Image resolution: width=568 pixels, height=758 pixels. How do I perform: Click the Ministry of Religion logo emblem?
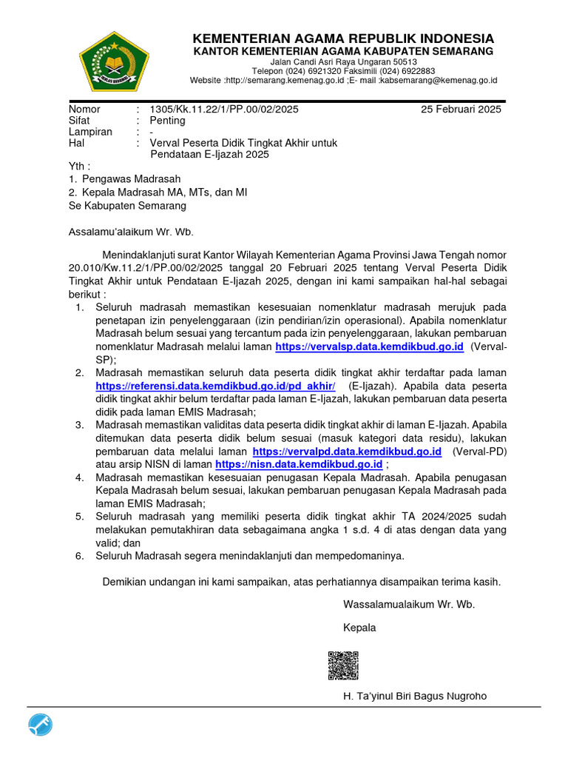click(115, 61)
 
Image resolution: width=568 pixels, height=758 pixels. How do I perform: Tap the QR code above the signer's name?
click(343, 665)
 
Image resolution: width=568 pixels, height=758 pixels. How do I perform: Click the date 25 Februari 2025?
click(461, 110)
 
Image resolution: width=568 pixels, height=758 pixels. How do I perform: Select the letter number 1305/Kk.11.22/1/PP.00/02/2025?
click(224, 110)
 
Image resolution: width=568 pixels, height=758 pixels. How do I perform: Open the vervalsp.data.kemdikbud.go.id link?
click(369, 346)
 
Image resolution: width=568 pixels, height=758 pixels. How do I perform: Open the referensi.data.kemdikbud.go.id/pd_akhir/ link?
click(216, 386)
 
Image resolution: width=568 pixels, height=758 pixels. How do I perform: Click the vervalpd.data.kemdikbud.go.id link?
click(347, 451)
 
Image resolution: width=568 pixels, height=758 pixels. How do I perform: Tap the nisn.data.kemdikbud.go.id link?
click(299, 464)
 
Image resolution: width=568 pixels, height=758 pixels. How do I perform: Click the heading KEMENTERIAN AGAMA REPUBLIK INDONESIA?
click(343, 38)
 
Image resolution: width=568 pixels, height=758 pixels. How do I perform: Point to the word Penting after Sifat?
click(168, 121)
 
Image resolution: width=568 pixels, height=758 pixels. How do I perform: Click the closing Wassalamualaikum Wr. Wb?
click(409, 604)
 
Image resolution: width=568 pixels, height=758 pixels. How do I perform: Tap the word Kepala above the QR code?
click(359, 628)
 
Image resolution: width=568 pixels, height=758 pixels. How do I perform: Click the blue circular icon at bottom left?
click(41, 726)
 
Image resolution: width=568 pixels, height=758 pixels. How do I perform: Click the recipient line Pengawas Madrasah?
click(131, 179)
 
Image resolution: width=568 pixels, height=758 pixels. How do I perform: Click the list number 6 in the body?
click(79, 555)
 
